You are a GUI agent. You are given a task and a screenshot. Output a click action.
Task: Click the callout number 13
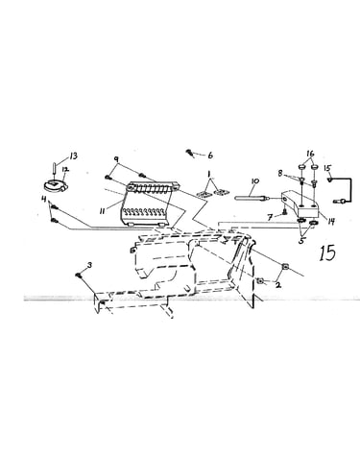tap(73, 156)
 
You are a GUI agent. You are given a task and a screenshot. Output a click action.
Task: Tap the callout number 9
tap(116, 159)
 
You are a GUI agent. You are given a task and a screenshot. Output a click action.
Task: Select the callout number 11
tap(103, 211)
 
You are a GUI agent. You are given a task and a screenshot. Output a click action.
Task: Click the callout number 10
tap(255, 181)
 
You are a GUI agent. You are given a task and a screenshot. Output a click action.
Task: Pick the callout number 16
tap(310, 154)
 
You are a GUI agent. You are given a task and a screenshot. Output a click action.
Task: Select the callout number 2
tap(278, 285)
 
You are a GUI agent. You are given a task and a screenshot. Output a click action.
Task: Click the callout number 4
tap(44, 200)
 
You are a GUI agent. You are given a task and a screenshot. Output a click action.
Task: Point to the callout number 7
tap(271, 218)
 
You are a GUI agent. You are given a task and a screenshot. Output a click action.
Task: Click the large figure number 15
tap(327, 253)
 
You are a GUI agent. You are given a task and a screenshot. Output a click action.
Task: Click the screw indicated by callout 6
tap(190, 153)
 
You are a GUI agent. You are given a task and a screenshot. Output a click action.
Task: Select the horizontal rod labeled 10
tap(251, 199)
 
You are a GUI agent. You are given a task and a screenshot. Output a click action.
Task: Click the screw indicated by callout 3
tap(79, 275)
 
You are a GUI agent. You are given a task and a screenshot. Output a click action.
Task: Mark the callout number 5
tap(301, 241)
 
